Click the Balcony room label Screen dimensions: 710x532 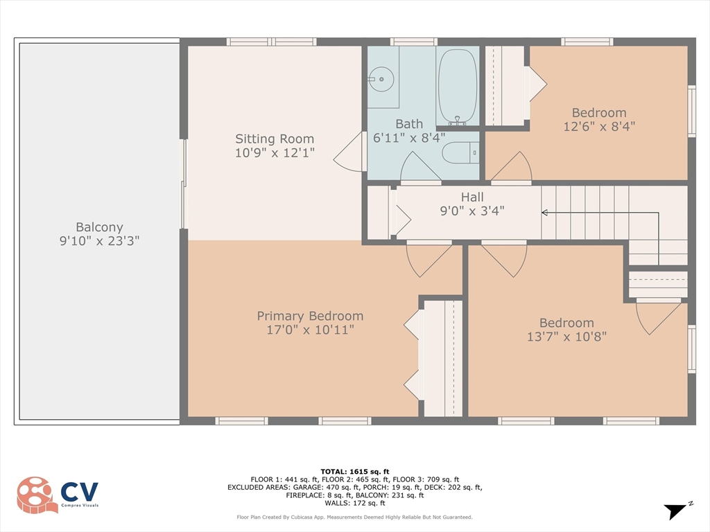point(99,227)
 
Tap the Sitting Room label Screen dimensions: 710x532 point(275,139)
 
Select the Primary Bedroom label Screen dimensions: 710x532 point(310,316)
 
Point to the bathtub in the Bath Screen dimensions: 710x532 point(458,86)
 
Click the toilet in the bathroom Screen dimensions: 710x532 point(460,153)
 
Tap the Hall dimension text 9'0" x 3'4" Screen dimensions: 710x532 point(472,211)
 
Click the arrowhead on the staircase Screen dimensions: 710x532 point(545,213)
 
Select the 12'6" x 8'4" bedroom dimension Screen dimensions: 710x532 point(599,126)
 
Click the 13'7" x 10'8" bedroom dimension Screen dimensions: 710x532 point(566,336)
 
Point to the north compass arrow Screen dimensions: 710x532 point(675,511)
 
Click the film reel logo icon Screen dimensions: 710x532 point(37,495)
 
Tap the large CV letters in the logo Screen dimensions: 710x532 point(79,492)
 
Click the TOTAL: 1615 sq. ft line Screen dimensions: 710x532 point(355,471)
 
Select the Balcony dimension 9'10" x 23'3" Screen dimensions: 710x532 point(99,240)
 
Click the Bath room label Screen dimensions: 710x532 point(409,123)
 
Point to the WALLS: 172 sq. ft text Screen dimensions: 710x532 point(355,503)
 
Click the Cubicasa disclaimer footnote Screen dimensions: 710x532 point(354,517)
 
